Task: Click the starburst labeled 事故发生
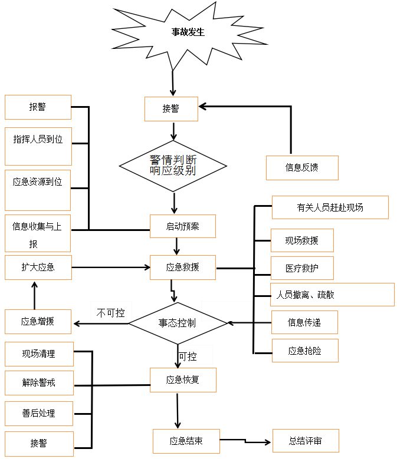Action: click(188, 33)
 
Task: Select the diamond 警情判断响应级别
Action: click(173, 166)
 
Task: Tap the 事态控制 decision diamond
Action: click(178, 323)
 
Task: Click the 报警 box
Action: click(38, 107)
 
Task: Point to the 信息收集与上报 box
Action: click(38, 235)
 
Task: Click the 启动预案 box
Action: click(183, 226)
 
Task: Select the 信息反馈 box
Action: click(302, 167)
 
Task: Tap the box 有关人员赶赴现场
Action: click(330, 207)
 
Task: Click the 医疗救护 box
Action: click(302, 268)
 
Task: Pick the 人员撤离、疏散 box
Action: click(332, 295)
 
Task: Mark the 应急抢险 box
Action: click(305, 351)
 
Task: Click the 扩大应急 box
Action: click(38, 267)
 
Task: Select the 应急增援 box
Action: click(38, 322)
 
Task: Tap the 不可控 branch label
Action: click(110, 313)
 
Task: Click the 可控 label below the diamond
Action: click(188, 356)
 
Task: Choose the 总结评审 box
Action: click(306, 441)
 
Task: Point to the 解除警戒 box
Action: click(39, 383)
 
